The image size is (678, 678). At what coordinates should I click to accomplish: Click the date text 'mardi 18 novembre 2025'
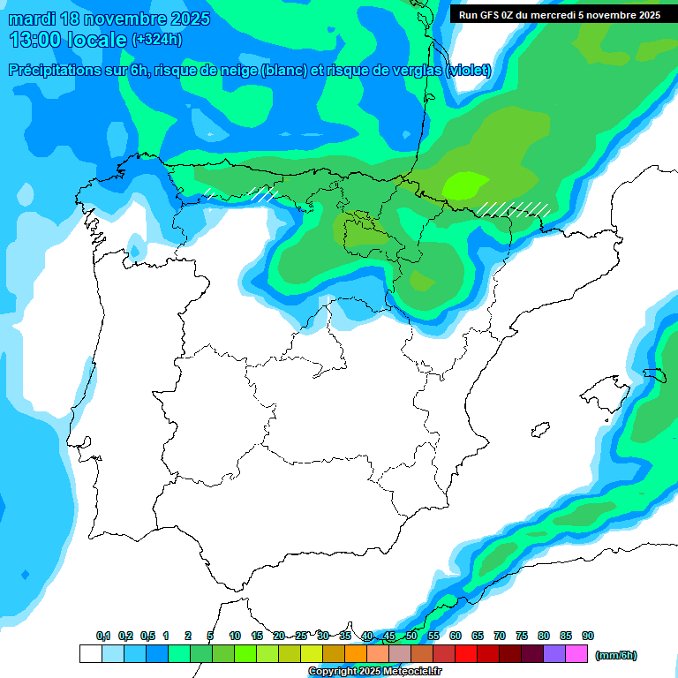[109, 19]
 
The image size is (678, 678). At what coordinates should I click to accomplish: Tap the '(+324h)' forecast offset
[156, 40]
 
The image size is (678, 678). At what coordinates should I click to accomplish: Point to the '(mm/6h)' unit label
[615, 655]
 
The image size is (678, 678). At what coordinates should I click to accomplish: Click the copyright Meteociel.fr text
[374, 672]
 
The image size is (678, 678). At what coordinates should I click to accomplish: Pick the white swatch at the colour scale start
[90, 654]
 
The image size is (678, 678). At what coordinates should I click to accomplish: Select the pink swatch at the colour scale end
[576, 654]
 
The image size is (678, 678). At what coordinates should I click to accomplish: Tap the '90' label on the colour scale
[588, 637]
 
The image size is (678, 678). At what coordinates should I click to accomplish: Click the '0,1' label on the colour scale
[103, 637]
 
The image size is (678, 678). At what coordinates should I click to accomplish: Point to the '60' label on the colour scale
[456, 637]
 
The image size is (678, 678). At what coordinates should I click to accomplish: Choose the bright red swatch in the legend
[466, 654]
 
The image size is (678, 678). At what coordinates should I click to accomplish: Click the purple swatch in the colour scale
[554, 654]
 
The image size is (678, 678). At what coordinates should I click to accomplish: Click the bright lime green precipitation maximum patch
[464, 185]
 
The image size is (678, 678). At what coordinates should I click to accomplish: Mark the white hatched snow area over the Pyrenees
[514, 209]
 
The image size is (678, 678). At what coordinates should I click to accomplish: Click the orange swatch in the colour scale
[356, 654]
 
